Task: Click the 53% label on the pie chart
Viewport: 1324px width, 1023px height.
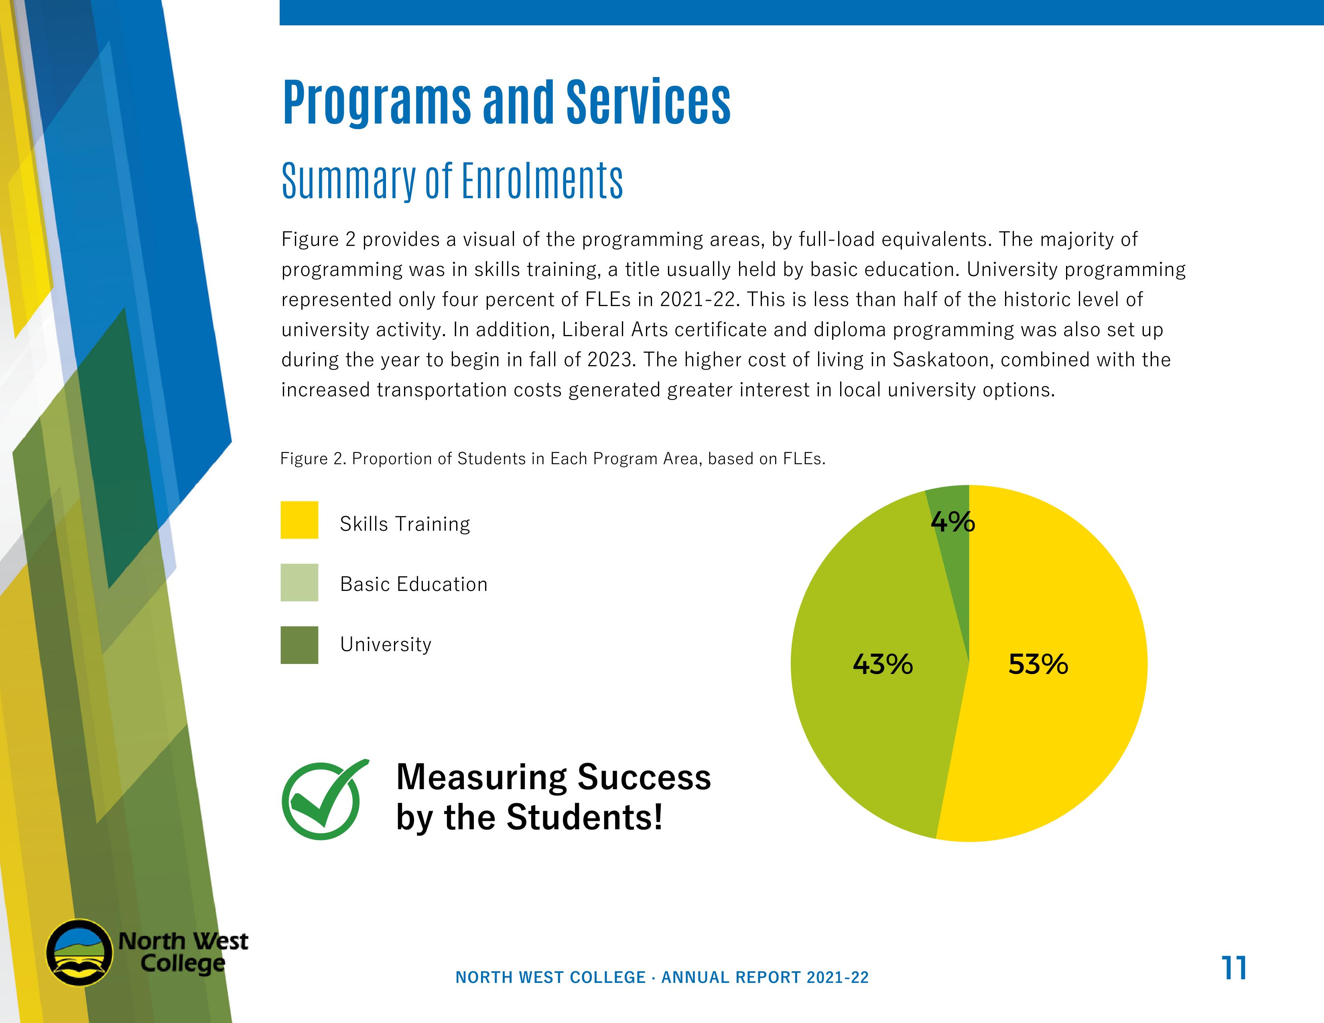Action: coord(1038,664)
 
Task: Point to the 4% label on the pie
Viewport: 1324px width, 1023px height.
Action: coord(952,522)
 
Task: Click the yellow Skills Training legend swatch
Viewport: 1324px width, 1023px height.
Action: coord(299,520)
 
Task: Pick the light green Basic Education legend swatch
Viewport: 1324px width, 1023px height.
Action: coord(299,583)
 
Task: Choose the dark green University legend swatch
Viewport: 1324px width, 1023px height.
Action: coord(299,645)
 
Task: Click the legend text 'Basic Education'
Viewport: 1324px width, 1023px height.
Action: coord(413,584)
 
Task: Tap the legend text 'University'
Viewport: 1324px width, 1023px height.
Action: coord(386,644)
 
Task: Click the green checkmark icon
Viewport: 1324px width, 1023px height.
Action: coord(323,800)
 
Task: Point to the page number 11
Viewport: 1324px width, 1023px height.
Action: coord(1234,968)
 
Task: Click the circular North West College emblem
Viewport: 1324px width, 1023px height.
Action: coord(79,953)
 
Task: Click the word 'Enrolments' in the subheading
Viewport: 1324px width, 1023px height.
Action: coord(542,181)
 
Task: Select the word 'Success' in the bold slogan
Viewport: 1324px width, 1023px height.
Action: coord(644,777)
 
